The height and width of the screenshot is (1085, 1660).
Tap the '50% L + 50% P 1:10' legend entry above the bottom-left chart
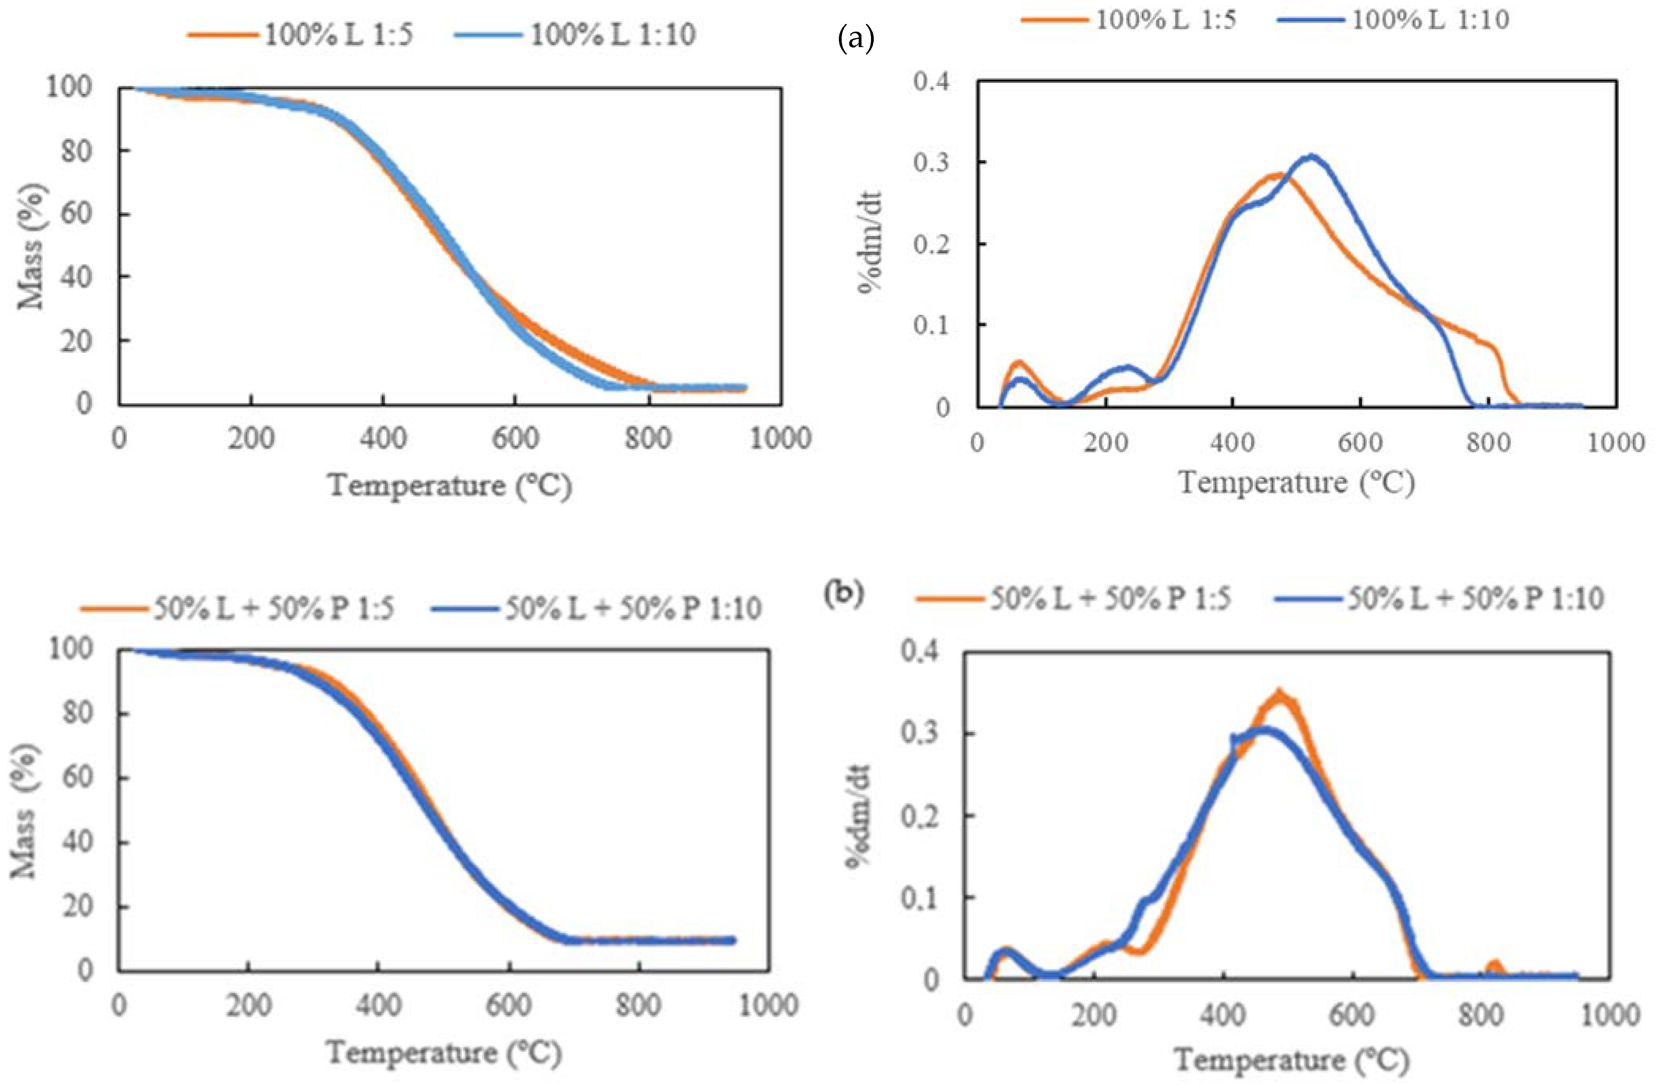[596, 608]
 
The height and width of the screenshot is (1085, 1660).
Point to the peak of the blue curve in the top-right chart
[1313, 157]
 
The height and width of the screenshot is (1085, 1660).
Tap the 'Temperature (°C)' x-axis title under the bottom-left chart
[444, 1053]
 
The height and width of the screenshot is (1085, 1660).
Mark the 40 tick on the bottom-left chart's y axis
[78, 842]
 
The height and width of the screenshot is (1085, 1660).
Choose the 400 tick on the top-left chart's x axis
[383, 438]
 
